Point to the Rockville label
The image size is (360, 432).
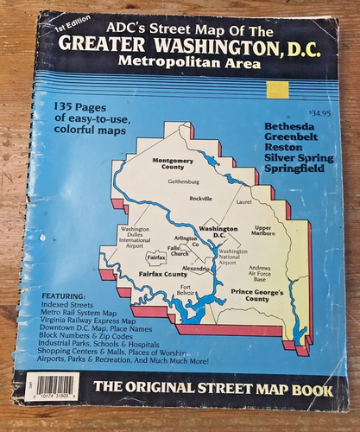200,198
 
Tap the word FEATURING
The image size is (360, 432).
66,295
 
